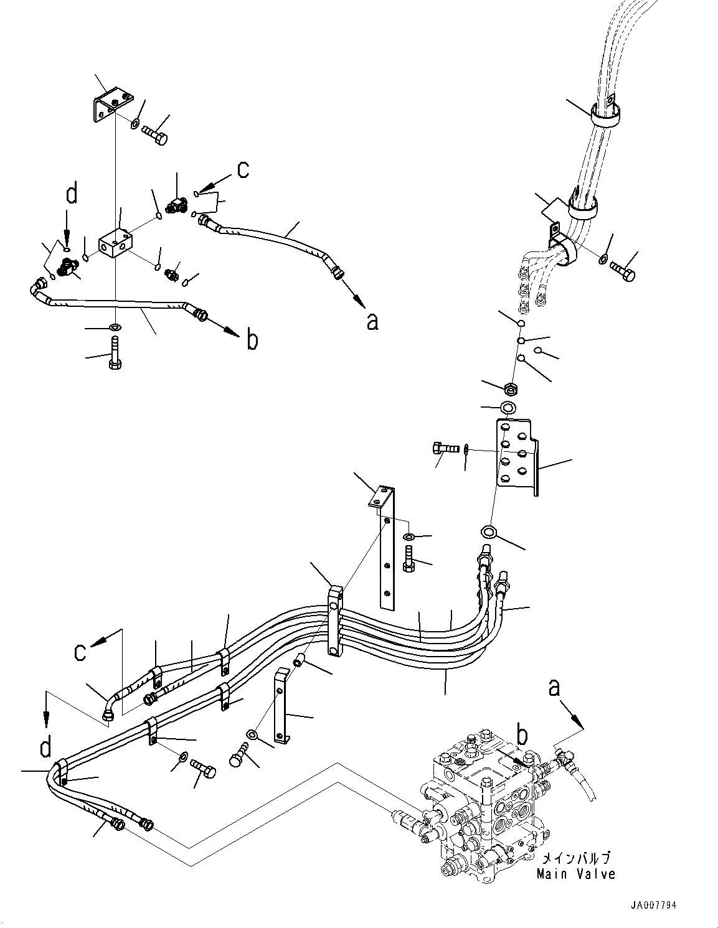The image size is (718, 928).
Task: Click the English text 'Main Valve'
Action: pos(576,874)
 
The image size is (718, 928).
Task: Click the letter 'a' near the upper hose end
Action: pos(372,321)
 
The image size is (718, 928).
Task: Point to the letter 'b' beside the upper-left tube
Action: pos(252,340)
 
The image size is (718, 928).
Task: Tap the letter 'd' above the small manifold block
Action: pos(72,195)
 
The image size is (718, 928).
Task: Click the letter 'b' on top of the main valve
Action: pos(522,736)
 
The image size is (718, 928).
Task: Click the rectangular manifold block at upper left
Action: pos(116,245)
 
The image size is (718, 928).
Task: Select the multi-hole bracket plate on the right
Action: pos(514,459)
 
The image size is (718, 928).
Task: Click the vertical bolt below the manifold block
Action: pos(115,354)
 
